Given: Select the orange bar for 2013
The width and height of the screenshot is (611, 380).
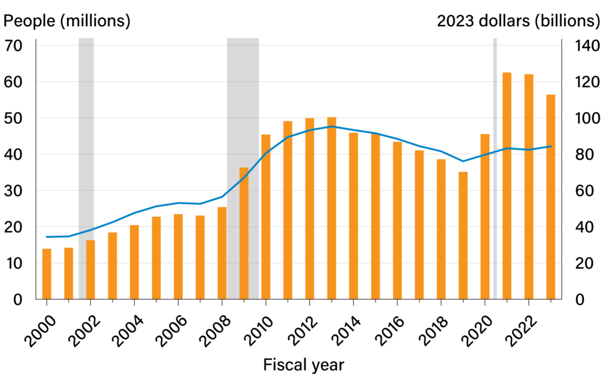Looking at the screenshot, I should [332, 208].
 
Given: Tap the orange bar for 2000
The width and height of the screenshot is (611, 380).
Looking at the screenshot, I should [47, 274].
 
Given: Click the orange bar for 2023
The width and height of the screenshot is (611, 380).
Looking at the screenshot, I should [551, 197].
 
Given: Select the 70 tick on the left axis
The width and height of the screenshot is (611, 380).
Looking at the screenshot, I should [14, 46].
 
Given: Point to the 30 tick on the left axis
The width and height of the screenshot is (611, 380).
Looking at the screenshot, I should [14, 191].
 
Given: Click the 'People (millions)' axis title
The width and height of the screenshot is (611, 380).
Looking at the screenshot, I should [67, 21].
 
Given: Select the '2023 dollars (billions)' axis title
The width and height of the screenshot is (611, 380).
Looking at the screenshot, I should [518, 21].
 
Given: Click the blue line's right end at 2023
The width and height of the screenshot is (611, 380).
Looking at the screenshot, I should [551, 146].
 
